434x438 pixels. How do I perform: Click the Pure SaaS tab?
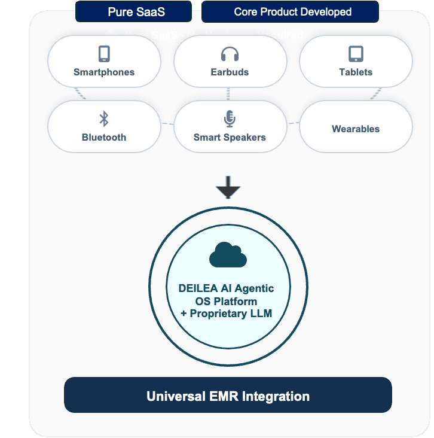coord(133,12)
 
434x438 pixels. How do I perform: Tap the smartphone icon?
coord(104,54)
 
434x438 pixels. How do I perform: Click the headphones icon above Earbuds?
coord(230,54)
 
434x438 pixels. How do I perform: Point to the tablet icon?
coord(356,54)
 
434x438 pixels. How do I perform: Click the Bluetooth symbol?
coord(104,118)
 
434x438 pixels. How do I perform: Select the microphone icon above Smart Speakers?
coord(230,118)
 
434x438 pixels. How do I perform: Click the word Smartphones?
coord(104,72)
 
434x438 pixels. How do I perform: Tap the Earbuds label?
coord(230,72)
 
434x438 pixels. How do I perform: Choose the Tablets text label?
coord(356,72)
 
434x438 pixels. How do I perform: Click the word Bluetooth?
coord(104,138)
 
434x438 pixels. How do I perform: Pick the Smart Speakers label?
coord(230,138)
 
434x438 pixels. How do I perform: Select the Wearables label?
coord(356,129)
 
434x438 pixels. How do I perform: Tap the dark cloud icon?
coord(228,256)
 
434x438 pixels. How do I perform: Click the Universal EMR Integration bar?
coord(228,396)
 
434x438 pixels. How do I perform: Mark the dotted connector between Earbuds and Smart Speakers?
coord(228,94)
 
